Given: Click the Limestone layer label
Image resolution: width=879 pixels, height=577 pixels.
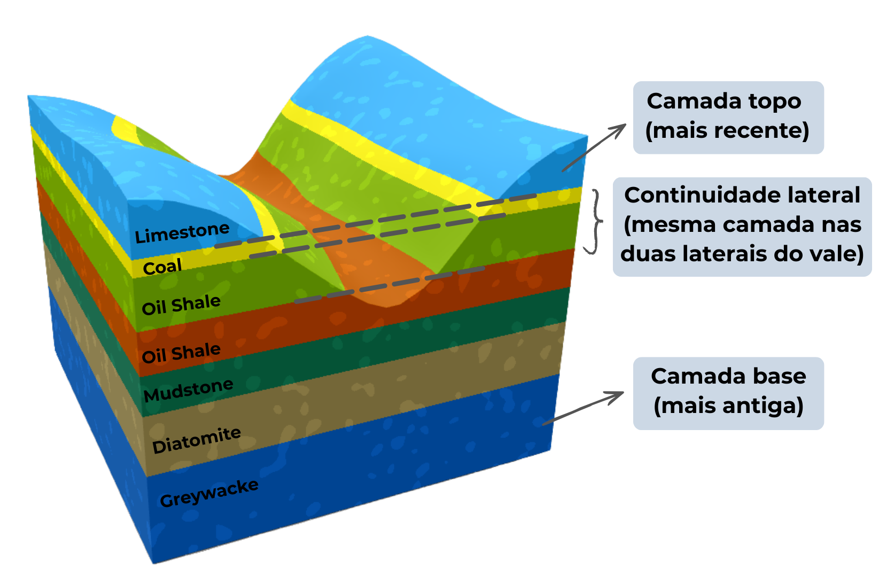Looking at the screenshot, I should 182,233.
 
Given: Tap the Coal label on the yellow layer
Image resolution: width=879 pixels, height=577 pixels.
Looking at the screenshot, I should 162,266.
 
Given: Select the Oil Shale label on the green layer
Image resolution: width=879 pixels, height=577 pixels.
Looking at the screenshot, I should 181,305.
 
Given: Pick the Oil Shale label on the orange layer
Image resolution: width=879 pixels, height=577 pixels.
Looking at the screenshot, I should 181,353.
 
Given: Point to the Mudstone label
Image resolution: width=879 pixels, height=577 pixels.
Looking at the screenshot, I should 188,391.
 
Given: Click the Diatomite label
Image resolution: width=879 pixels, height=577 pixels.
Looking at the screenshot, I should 196,440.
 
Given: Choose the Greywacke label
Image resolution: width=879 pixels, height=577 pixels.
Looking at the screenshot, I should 209,493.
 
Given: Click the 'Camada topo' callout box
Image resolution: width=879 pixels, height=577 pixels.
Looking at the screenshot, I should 727,116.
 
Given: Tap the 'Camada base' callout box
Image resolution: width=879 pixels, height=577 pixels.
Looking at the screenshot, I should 728,392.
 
